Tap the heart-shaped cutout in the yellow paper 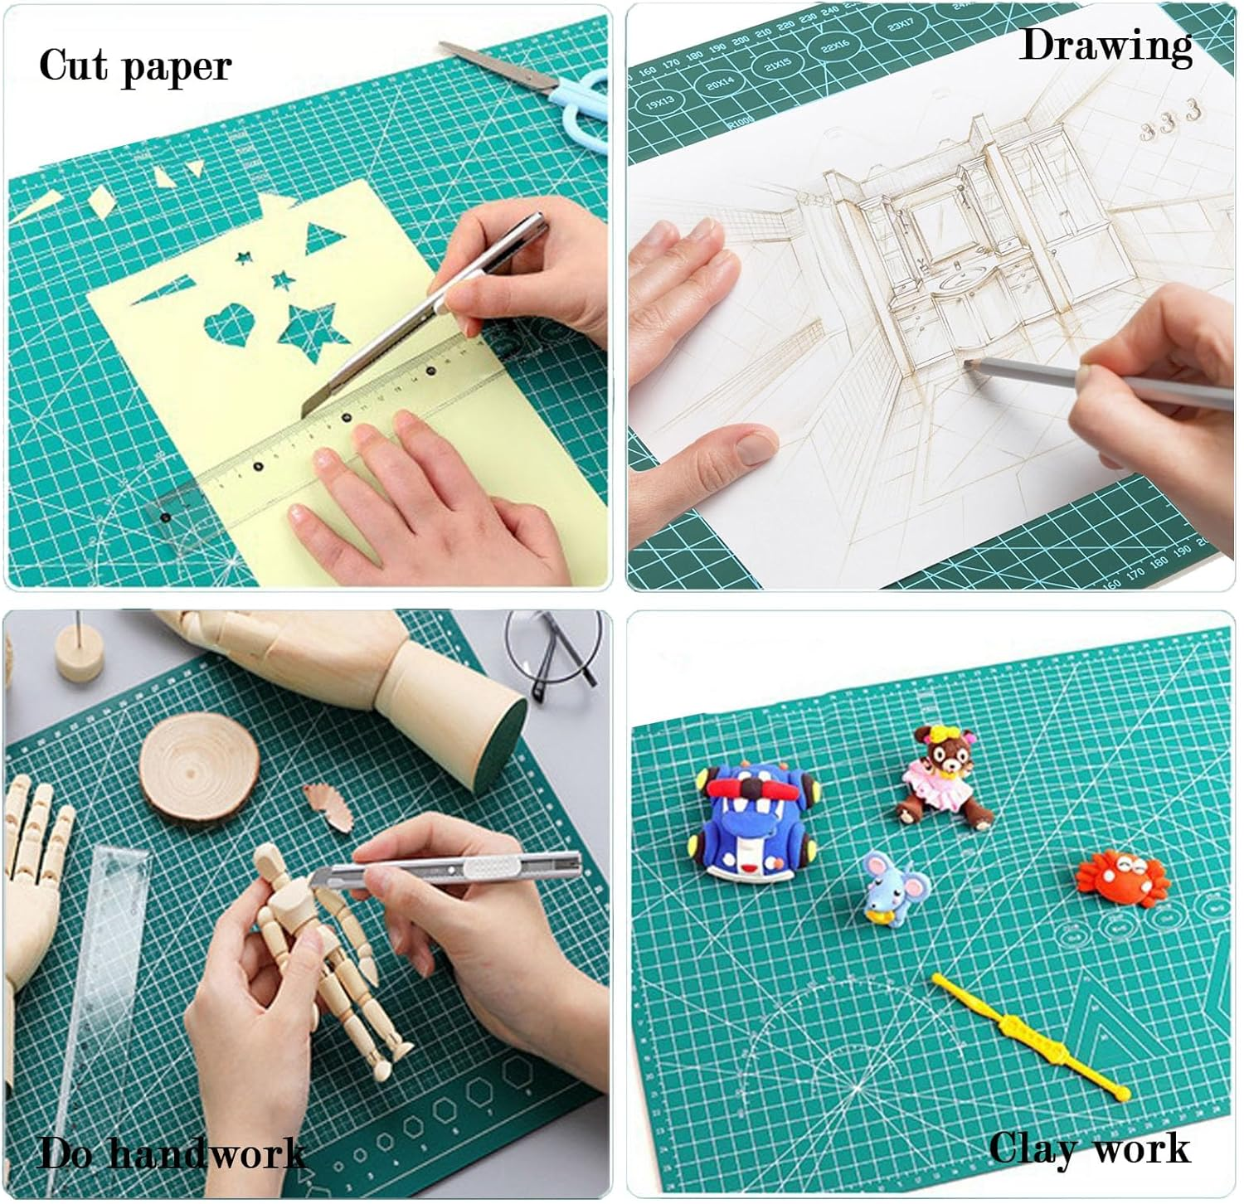228,326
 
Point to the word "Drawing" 1106,46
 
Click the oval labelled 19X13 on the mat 660,104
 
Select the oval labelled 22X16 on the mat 835,47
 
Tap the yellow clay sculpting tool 1033,1037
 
